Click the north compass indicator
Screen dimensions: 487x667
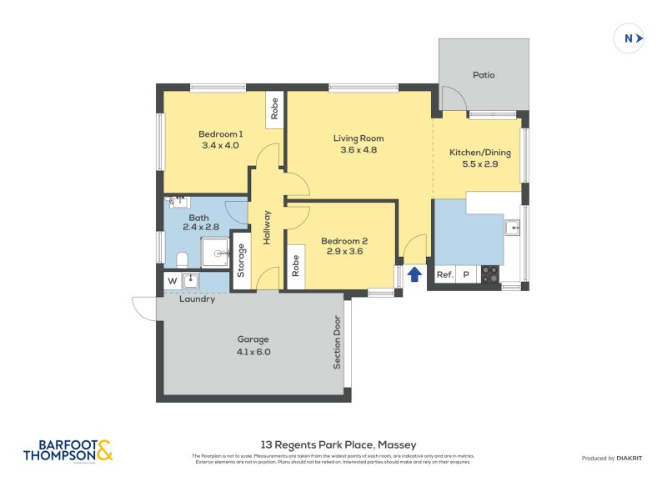629,38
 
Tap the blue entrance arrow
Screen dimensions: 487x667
414,274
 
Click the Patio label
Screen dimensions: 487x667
484,75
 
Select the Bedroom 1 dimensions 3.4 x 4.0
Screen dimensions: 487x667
220,145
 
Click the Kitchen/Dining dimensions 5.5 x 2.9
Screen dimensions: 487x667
479,164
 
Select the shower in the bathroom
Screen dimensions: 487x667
215,252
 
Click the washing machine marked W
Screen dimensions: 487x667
172,280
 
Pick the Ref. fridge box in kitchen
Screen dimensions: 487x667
445,274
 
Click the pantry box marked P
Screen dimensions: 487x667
466,274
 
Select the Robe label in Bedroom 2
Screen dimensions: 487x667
295,265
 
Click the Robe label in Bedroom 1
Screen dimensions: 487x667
273,109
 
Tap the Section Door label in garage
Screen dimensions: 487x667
338,342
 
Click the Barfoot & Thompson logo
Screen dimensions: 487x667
68,451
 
